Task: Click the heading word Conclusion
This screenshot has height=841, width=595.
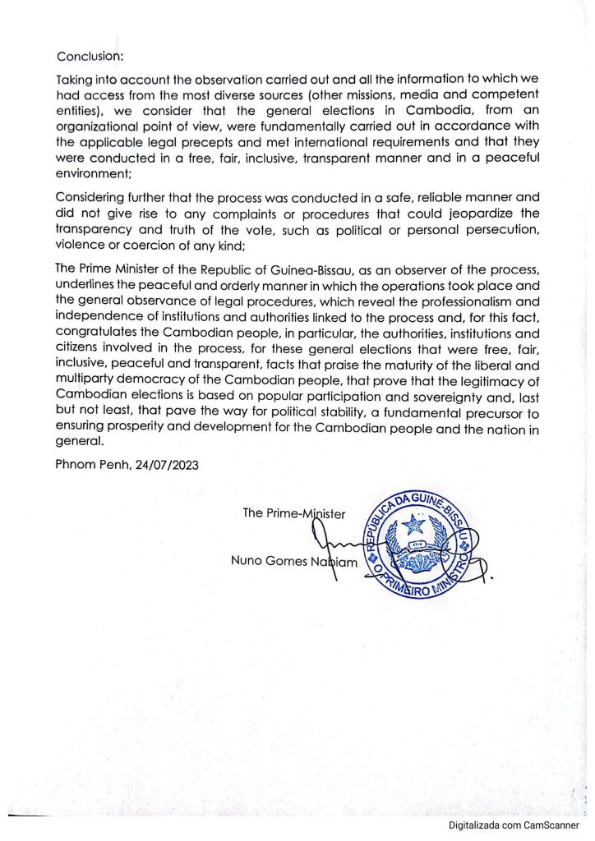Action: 89,57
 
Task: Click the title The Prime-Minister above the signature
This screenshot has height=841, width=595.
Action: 294,513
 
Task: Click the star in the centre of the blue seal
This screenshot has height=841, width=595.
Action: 413,524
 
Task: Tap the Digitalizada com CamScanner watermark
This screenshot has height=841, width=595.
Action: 514,825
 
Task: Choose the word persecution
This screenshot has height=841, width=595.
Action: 503,229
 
